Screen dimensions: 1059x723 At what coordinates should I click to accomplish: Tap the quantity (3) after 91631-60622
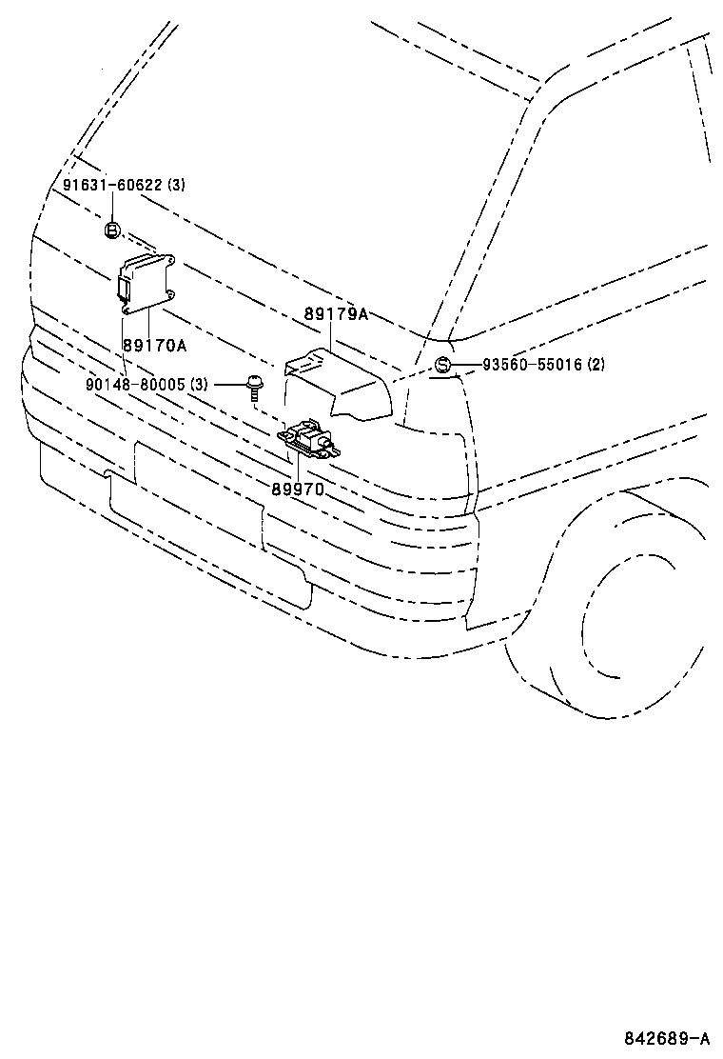[176, 185]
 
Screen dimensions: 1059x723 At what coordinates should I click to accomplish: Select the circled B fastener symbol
[111, 230]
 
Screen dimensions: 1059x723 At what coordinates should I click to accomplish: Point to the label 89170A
[155, 344]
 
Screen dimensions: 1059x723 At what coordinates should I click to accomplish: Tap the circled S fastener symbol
[442, 365]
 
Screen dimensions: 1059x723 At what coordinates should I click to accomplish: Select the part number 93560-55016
[533, 365]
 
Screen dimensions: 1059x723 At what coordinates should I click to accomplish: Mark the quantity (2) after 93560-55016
[596, 365]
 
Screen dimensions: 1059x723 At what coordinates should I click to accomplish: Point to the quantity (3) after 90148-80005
[198, 384]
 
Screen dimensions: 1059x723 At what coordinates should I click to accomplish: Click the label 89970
[298, 489]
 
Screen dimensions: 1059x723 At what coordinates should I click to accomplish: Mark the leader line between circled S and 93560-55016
[465, 365]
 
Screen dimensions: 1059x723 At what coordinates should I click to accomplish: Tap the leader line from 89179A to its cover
[329, 335]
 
